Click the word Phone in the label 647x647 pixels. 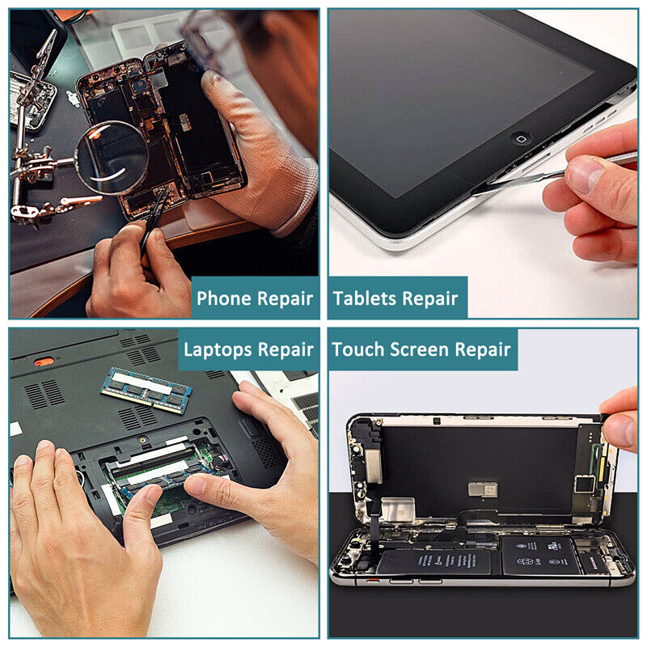tap(223, 298)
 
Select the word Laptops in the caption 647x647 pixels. tap(218, 350)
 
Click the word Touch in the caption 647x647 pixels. tap(358, 349)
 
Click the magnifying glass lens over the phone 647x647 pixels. tap(112, 157)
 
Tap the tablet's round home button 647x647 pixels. tap(521, 139)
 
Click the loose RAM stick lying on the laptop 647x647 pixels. tap(146, 390)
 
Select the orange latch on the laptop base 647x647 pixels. tap(44, 362)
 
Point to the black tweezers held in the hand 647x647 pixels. tap(154, 221)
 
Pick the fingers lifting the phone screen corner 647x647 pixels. tap(620, 421)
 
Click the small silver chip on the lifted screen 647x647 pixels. tap(483, 489)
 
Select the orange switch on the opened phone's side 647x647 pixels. tap(373, 581)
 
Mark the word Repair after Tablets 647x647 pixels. tap(430, 298)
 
